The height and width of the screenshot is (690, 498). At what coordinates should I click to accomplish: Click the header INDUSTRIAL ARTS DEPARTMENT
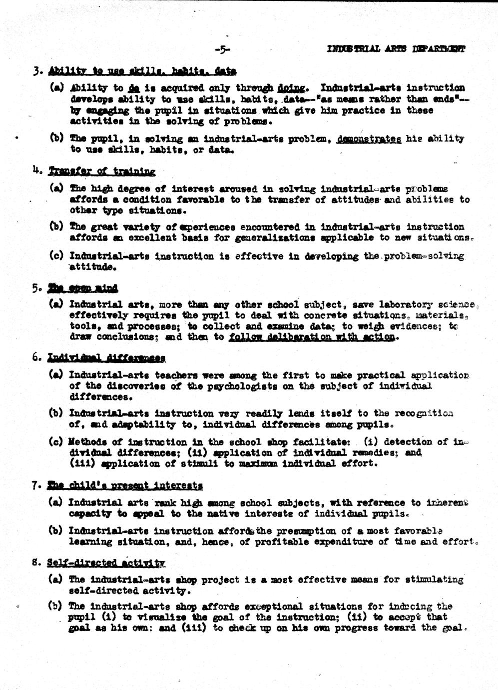pos(396,49)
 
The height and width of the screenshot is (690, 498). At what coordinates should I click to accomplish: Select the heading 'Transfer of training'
pos(102,171)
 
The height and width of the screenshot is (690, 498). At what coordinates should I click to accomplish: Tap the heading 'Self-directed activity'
pos(106,562)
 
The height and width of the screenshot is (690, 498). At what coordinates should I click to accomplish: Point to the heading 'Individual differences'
pos(106,358)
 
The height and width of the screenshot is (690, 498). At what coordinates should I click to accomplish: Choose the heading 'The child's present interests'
pos(125,485)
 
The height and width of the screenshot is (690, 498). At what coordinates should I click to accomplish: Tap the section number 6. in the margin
pos(36,357)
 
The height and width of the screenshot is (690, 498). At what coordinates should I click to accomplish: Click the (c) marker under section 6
pos(55,442)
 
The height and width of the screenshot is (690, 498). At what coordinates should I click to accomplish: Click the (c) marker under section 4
pos(55,256)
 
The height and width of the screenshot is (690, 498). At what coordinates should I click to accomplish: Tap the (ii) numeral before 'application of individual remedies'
pos(192,452)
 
